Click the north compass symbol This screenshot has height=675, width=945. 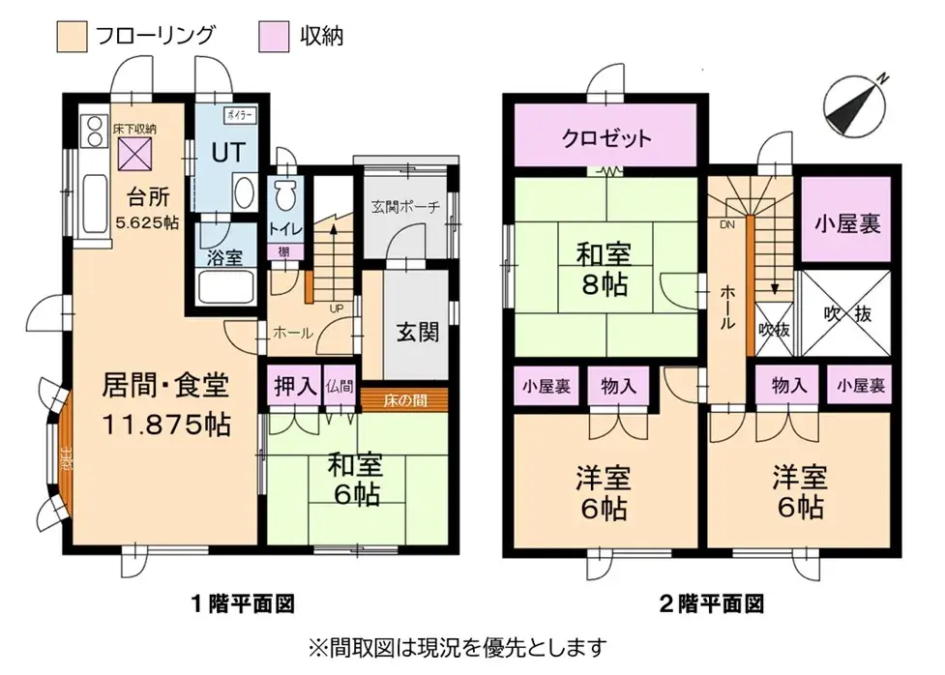tap(855, 103)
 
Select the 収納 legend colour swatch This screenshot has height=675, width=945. tap(273, 37)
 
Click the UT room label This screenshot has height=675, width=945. tap(228, 152)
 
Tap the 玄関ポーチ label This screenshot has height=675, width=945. tap(405, 206)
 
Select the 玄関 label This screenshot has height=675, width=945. tap(417, 331)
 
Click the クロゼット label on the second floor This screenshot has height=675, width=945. tap(606, 138)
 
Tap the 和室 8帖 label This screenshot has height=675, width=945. tap(605, 270)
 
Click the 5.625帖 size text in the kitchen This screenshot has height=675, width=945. tap(146, 221)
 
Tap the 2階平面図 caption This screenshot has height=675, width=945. tap(712, 605)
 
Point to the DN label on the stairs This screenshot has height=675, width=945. tap(725, 224)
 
